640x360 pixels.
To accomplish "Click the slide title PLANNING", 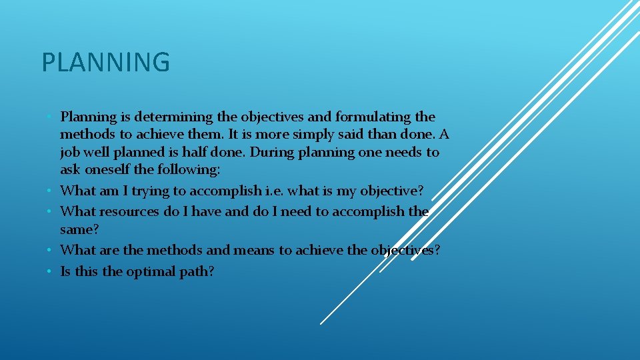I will click(106, 63).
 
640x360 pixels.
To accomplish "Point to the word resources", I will click(130, 211).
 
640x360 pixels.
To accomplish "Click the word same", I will click(79, 229).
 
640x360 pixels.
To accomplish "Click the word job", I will click(69, 153).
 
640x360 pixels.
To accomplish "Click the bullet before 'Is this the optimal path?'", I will click(50, 271).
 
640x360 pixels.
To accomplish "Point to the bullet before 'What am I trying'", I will click(50, 191).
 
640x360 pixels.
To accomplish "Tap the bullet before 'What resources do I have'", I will click(50, 211).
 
